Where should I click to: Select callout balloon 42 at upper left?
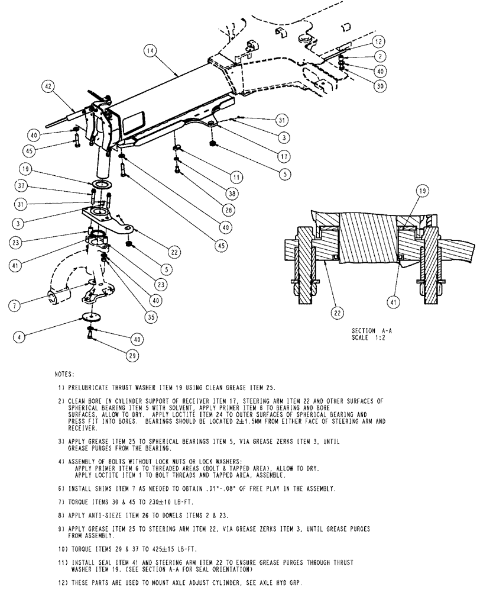point(48,86)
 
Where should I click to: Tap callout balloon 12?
point(379,41)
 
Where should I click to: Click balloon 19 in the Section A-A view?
point(423,191)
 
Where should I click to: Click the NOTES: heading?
point(64,375)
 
